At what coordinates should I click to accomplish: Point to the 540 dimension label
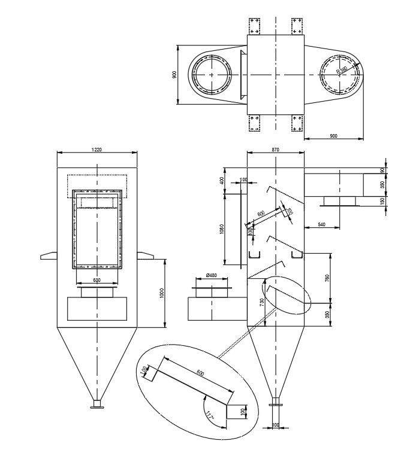[x=322, y=224]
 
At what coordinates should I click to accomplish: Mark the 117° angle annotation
[x=209, y=415]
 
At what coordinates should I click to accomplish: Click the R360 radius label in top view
[x=342, y=70]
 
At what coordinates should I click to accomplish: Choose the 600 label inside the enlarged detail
[x=200, y=373]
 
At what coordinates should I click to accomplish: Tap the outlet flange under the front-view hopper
[x=95, y=408]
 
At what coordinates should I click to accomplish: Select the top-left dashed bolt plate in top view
[x=254, y=26]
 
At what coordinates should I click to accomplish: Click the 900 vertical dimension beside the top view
[x=174, y=75]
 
